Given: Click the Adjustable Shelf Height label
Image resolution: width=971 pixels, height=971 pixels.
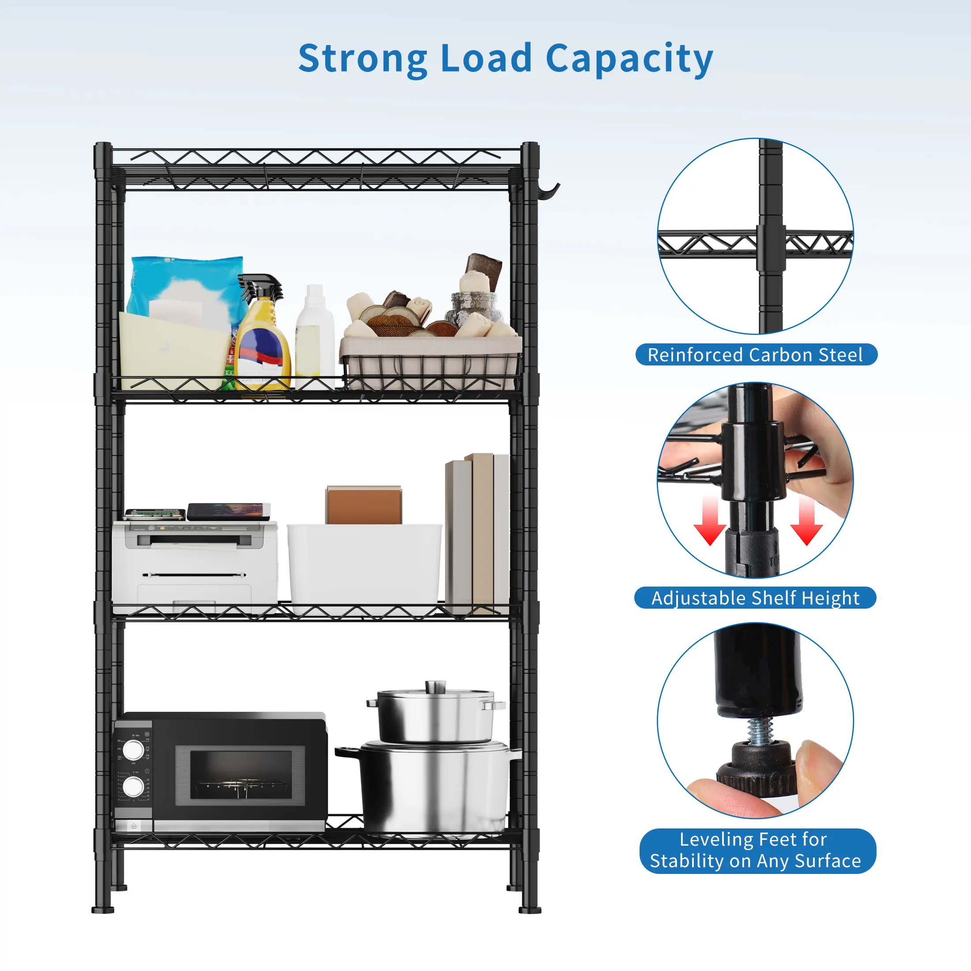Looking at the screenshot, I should pyautogui.click(x=755, y=598).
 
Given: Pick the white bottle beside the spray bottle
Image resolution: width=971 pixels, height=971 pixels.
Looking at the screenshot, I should pyautogui.click(x=315, y=334).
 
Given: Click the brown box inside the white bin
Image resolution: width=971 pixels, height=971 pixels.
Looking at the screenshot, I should pyautogui.click(x=364, y=505).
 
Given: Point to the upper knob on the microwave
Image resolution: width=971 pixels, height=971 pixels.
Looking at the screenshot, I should pyautogui.click(x=133, y=750).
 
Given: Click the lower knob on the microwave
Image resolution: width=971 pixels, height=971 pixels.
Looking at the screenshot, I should pyautogui.click(x=133, y=787).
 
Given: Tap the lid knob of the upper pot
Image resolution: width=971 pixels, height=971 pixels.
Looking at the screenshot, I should pyautogui.click(x=435, y=686).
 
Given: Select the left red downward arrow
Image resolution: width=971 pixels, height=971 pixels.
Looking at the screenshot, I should pyautogui.click(x=709, y=523).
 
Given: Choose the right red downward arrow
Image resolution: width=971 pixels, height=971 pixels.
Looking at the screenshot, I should pyautogui.click(x=806, y=523).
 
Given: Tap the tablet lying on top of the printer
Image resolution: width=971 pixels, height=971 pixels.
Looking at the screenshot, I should pyautogui.click(x=229, y=511).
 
